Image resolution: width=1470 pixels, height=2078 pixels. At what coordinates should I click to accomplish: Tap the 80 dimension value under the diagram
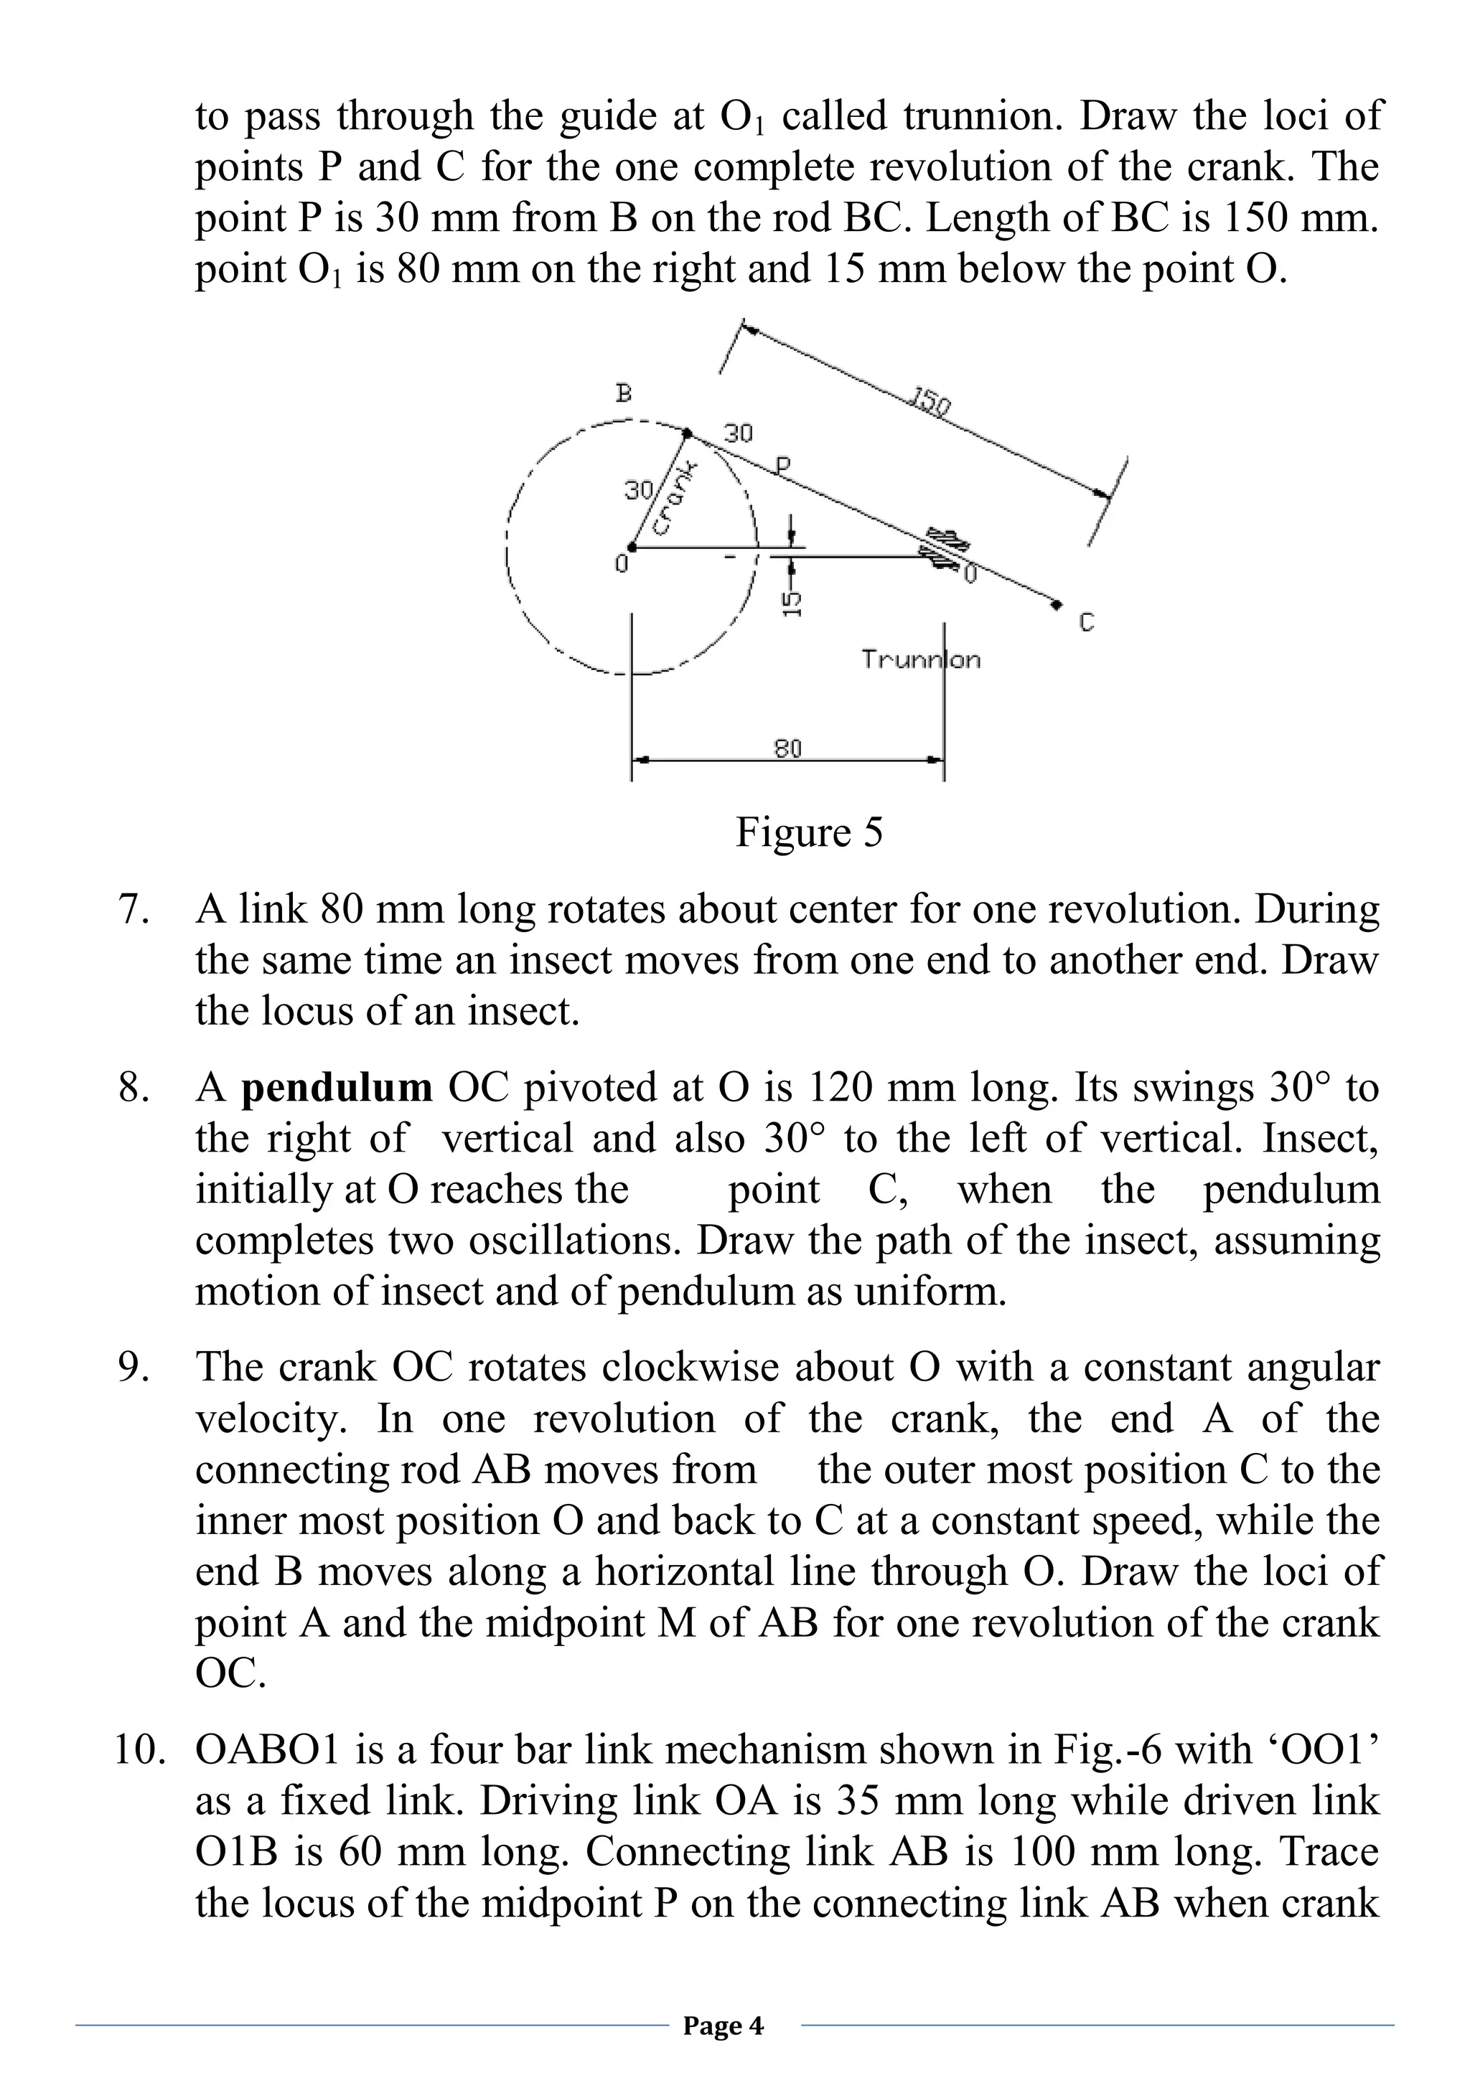click(x=787, y=748)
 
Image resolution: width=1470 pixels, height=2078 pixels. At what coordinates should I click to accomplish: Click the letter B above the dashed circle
click(x=623, y=394)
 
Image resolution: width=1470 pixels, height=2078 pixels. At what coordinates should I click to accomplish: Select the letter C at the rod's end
click(x=1087, y=623)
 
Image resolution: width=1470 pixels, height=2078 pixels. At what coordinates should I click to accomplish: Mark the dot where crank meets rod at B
click(x=685, y=433)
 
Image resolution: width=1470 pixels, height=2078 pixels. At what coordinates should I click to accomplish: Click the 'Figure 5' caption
click(x=808, y=832)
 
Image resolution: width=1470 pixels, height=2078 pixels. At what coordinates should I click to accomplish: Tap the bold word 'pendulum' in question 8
click(x=337, y=1087)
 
